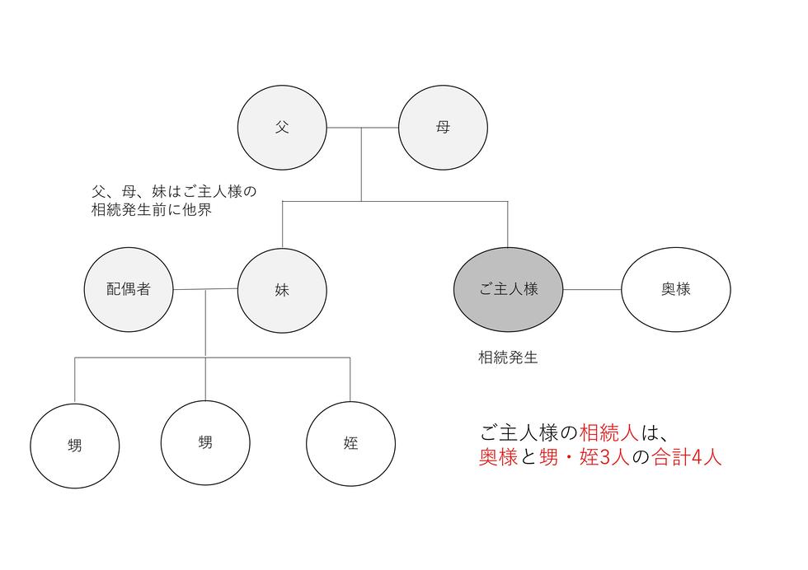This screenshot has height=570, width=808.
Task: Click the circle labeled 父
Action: pyautogui.click(x=282, y=127)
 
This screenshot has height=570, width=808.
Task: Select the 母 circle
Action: pyautogui.click(x=443, y=127)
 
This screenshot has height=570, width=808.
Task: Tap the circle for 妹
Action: pyautogui.click(x=282, y=290)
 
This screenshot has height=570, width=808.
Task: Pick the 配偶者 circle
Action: pyautogui.click(x=129, y=289)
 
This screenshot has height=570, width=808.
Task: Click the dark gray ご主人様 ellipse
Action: pyautogui.click(x=508, y=289)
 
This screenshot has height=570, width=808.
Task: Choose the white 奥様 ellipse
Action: pyautogui.click(x=675, y=289)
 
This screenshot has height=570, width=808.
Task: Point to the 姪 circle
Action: pyautogui.click(x=350, y=443)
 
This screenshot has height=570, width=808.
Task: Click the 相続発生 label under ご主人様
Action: pyautogui.click(x=508, y=357)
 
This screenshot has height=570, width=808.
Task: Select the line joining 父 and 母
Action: pyautogui.click(x=362, y=127)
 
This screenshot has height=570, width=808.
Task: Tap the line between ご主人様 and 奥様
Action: pyautogui.click(x=592, y=289)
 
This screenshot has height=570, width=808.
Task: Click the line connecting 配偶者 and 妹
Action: pyautogui.click(x=205, y=289)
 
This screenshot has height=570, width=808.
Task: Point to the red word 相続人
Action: pyautogui.click(x=609, y=432)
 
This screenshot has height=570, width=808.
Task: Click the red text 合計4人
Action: pyautogui.click(x=686, y=457)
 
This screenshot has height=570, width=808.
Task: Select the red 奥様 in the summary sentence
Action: pyautogui.click(x=498, y=457)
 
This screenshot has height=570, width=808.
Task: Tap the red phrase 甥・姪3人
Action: pyautogui.click(x=585, y=457)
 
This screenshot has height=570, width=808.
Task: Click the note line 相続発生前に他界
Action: pyautogui.click(x=152, y=210)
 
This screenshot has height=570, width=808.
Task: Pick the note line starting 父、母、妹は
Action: pyautogui.click(x=174, y=192)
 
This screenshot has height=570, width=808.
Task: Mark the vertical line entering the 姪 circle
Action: pyautogui.click(x=350, y=380)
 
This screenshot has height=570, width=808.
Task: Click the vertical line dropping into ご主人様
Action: pyautogui.click(x=508, y=225)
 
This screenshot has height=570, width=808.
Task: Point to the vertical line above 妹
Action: pyautogui.click(x=282, y=225)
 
